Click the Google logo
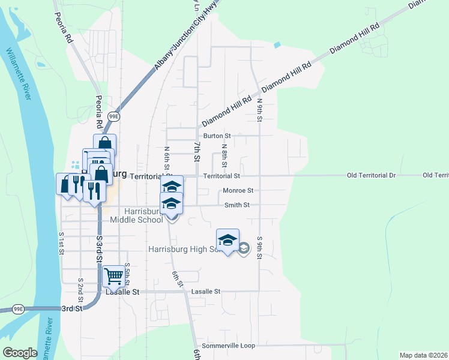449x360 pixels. [x=20, y=353]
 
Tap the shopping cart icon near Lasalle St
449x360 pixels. [x=113, y=276]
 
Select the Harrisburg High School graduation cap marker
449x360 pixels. [x=228, y=240]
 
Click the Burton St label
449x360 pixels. [x=217, y=136]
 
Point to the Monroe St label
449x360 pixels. [x=238, y=191]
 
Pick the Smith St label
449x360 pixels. [x=237, y=205]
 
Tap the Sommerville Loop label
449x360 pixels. [x=229, y=346]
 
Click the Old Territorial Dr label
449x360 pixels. [x=372, y=176]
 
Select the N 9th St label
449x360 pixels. [x=260, y=111]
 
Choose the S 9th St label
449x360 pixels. [x=260, y=247]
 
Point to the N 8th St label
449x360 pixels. [x=224, y=155]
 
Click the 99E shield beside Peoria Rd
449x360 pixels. [x=114, y=115]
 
